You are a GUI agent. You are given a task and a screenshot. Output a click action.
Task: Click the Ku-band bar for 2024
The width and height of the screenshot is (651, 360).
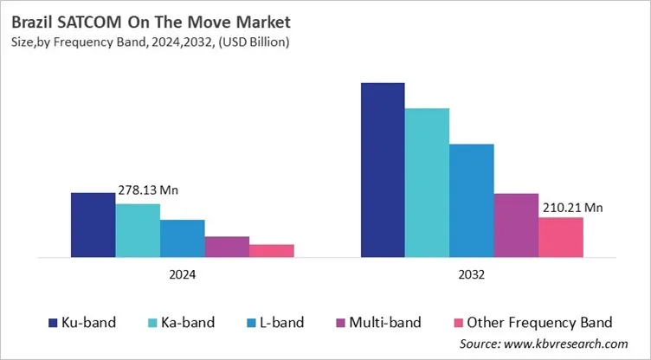93,225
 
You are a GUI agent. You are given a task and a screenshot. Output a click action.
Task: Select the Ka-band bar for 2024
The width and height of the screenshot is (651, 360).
138,230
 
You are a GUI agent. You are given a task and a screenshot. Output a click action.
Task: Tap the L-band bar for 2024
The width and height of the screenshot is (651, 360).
183,238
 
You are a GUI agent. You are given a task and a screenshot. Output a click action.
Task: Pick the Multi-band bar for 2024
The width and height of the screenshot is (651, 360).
227,247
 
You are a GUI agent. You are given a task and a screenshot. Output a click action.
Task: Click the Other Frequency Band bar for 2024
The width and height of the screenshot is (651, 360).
272,250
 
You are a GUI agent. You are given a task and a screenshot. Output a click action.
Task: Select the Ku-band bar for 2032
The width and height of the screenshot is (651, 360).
383,170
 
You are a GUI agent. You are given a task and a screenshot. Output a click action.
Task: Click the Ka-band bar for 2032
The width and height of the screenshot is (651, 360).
428,183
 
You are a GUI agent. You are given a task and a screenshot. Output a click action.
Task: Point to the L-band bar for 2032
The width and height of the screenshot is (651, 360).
472,200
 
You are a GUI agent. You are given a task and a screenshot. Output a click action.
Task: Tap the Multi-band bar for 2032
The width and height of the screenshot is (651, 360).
516,225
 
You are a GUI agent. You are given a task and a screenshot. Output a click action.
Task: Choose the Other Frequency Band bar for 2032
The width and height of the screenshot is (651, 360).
561,237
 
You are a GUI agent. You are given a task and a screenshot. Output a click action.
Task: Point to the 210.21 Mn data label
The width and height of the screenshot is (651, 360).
572,207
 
